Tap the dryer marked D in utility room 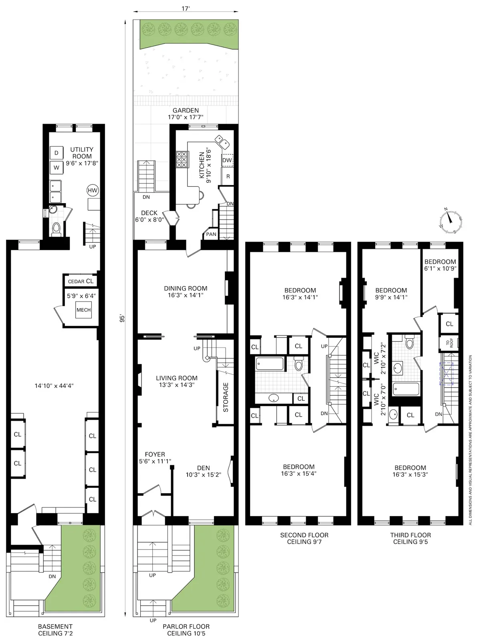[x=57, y=153]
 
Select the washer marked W [x=57, y=168]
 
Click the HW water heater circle [x=92, y=191]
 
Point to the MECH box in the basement [x=83, y=310]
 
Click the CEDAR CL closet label [x=80, y=281]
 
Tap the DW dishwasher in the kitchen [x=227, y=160]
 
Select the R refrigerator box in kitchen [x=228, y=177]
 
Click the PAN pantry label [x=211, y=234]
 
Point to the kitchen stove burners [x=182, y=159]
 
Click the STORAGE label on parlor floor [x=226, y=397]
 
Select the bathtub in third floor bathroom [x=406, y=388]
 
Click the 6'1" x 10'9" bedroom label [x=440, y=265]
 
